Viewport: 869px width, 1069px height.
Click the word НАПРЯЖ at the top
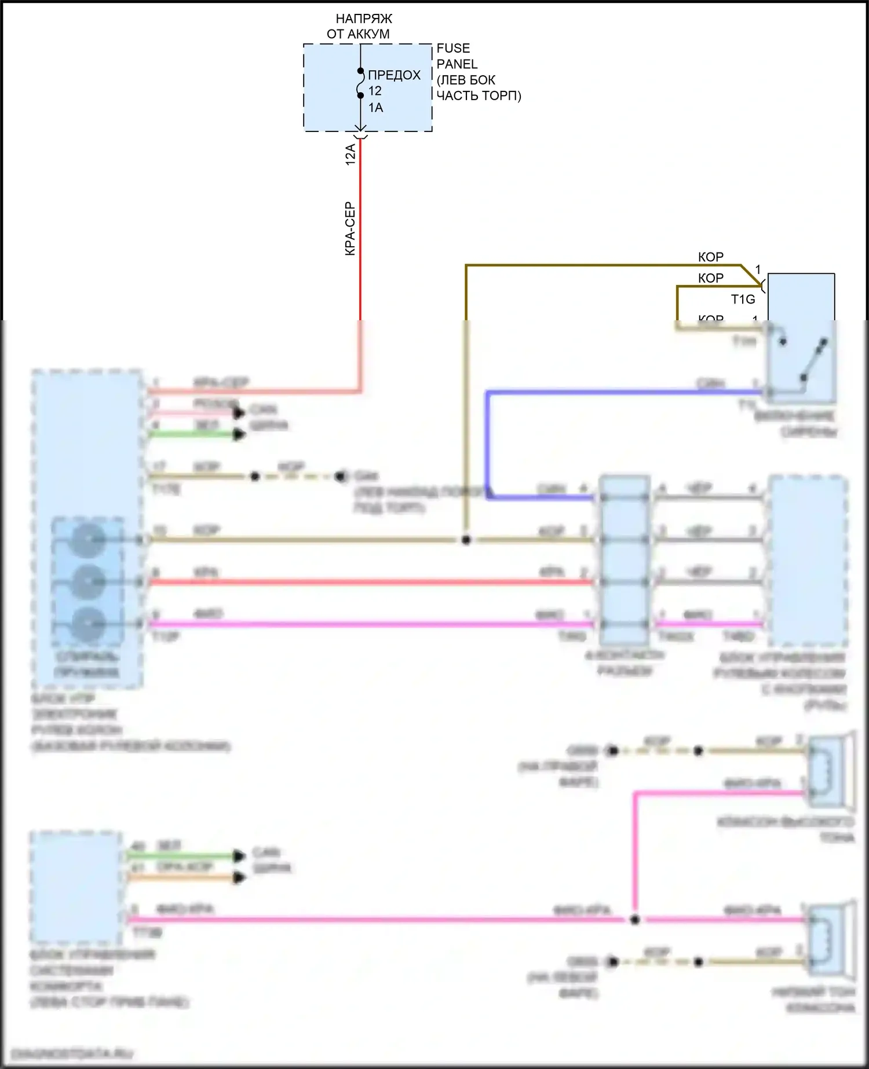click(364, 19)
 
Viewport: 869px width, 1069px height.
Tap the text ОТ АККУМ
click(358, 34)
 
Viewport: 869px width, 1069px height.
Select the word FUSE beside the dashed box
click(453, 49)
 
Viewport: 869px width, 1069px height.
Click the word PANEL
click(457, 64)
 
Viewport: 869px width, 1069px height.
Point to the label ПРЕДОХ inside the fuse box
click(394, 75)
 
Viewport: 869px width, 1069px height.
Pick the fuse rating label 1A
click(375, 108)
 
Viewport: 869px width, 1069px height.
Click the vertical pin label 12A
click(350, 155)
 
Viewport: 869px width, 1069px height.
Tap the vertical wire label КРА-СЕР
click(350, 229)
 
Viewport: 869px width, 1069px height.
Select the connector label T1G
click(743, 299)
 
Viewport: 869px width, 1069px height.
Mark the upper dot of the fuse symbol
click(360, 71)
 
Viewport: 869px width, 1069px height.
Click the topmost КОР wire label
click(710, 257)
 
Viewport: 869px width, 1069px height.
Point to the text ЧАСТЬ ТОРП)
click(479, 96)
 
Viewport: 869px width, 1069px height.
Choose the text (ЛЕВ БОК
click(466, 80)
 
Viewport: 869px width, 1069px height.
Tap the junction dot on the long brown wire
click(466, 540)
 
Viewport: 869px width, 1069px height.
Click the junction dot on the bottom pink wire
click(635, 920)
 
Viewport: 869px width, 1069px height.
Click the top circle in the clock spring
click(88, 540)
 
